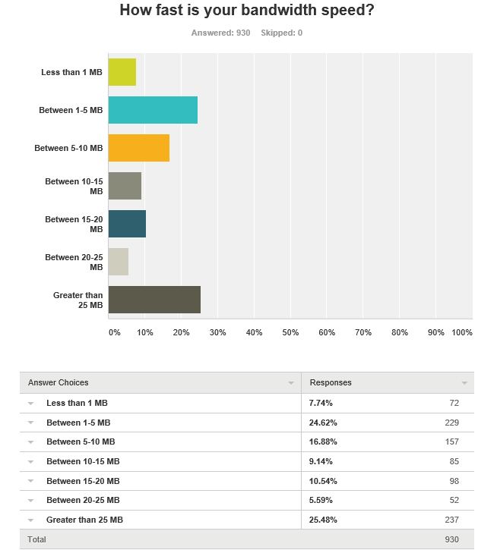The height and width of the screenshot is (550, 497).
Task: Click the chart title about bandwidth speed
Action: tap(248, 11)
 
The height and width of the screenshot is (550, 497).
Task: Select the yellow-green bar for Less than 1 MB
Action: tap(122, 72)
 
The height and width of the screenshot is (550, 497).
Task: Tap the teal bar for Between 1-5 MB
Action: tap(153, 110)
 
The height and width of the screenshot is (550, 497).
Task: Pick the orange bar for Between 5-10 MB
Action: tap(139, 148)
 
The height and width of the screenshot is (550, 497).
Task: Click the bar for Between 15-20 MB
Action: tap(127, 224)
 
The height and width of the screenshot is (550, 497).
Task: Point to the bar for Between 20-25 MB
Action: tap(119, 262)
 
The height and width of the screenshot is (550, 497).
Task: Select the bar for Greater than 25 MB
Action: tap(154, 300)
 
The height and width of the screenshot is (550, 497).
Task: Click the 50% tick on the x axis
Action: tap(290, 332)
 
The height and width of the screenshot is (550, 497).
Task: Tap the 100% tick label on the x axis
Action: tap(461, 332)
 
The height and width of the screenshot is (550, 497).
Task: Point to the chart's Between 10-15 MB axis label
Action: tap(74, 186)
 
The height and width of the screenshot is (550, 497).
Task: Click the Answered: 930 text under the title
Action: tap(220, 33)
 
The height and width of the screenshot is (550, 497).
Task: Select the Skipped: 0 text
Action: tap(281, 33)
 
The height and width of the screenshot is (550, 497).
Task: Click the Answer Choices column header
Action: tap(59, 382)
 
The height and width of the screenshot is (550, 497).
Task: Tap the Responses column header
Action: tap(331, 382)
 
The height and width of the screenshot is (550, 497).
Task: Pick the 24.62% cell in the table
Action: tap(323, 423)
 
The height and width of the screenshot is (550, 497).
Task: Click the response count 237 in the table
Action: tap(451, 520)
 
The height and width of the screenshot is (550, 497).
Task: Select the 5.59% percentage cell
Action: tap(323, 500)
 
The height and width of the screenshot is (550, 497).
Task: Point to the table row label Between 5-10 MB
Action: tap(81, 442)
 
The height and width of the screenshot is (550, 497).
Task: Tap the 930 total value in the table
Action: tap(451, 539)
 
